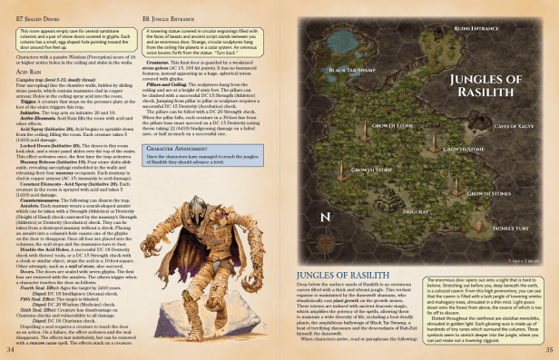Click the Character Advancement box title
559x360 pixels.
(180, 147)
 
